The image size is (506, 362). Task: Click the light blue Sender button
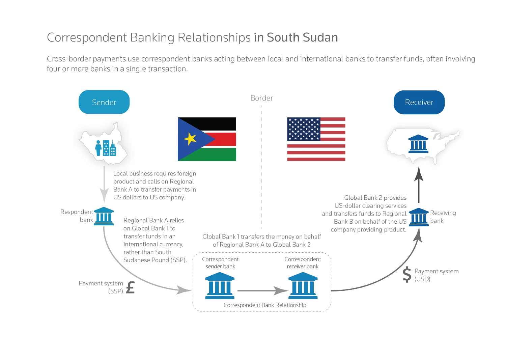pyautogui.click(x=104, y=102)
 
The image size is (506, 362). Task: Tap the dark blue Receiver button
pyautogui.click(x=419, y=102)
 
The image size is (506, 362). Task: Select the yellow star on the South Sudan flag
pyautogui.click(x=190, y=139)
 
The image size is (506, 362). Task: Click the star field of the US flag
pyautogui.click(x=304, y=129)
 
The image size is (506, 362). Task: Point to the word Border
pyautogui.click(x=261, y=98)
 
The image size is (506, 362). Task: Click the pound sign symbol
pyautogui.click(x=131, y=287)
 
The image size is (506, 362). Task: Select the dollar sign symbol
pyautogui.click(x=407, y=274)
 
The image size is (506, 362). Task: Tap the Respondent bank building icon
pyautogui.click(x=104, y=216)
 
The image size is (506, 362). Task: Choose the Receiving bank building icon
pyautogui.click(x=419, y=217)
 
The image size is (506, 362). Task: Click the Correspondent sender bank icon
pyautogui.click(x=220, y=285)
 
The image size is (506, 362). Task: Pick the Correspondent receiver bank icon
pyautogui.click(x=303, y=285)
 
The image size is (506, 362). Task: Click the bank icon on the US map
pyautogui.click(x=418, y=144)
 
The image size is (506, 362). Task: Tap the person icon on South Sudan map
pyautogui.click(x=98, y=148)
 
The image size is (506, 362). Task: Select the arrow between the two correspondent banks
pyautogui.click(x=263, y=290)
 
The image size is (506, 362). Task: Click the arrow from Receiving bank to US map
pyautogui.click(x=419, y=185)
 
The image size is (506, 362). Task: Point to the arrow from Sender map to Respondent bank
pyautogui.click(x=104, y=185)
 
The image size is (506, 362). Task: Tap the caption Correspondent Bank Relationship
pyautogui.click(x=265, y=305)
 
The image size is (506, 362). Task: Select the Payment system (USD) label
pyautogui.click(x=437, y=275)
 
